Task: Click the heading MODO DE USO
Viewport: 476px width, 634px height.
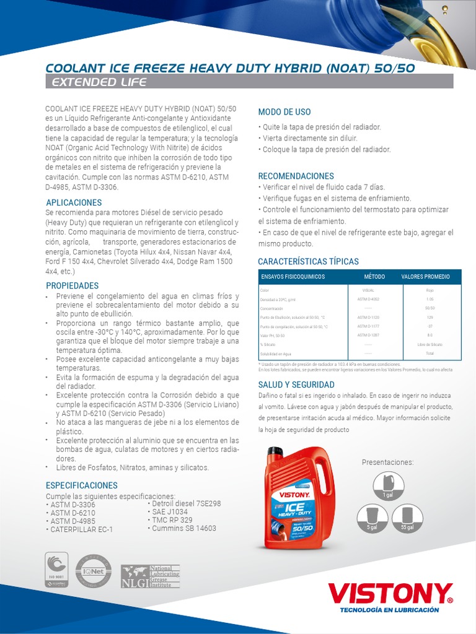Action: pyautogui.click(x=284, y=112)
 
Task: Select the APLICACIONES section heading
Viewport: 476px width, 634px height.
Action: pyautogui.click(x=74, y=202)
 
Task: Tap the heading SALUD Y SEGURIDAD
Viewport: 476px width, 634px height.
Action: pyautogui.click(x=296, y=384)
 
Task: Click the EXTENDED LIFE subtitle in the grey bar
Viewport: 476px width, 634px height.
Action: pyautogui.click(x=99, y=82)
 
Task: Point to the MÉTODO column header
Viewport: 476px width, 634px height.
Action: pyautogui.click(x=374, y=277)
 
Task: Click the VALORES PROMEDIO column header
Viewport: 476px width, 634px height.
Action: pyautogui.click(x=425, y=277)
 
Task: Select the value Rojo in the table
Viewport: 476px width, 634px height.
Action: pyautogui.click(x=430, y=290)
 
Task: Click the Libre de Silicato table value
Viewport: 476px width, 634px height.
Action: pyautogui.click(x=430, y=344)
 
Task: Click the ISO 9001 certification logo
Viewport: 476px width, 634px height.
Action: pyautogui.click(x=57, y=569)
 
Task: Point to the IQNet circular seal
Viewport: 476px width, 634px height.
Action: pyautogui.click(x=93, y=571)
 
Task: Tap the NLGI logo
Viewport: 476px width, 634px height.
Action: pyautogui.click(x=149, y=576)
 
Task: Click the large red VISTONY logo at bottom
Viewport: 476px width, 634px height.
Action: pyautogui.click(x=390, y=594)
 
